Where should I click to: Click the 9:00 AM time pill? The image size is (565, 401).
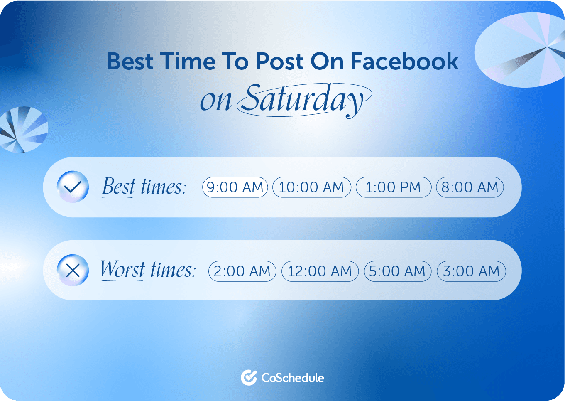pos(235,187)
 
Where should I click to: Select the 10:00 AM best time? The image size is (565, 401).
pos(311,187)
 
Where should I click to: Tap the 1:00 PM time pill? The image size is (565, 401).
pos(393,187)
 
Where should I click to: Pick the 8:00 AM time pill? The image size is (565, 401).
pos(470,187)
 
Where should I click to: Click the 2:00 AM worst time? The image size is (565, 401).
pos(242,271)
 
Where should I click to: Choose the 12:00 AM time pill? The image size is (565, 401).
pos(320,271)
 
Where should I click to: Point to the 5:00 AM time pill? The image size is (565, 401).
pos(397,271)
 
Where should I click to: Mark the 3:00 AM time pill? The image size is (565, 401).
pos(471,271)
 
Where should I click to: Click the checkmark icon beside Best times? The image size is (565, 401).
pos(73,187)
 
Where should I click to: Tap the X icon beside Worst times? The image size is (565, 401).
pos(73,271)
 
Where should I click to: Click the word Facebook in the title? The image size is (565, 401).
pos(404,62)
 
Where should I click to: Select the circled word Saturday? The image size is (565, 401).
pos(303,100)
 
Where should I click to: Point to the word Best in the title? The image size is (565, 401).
pos(130,62)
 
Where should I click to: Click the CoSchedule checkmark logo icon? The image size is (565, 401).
pos(249,377)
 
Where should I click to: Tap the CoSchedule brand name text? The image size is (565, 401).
pos(293,378)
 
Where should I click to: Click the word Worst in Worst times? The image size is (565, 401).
pos(122,270)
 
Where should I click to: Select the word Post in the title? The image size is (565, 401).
pos(279,62)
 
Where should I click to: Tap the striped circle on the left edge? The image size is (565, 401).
pos(23,130)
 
